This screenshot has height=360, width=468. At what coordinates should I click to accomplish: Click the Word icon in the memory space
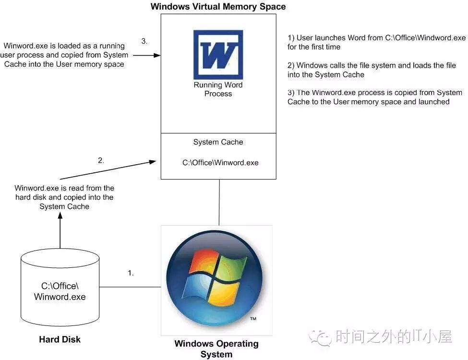click(218, 54)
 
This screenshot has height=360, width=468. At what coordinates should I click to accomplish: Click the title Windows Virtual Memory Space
click(218, 7)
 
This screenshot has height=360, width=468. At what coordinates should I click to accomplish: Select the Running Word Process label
click(218, 89)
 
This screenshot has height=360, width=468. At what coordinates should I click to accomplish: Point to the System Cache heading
click(218, 142)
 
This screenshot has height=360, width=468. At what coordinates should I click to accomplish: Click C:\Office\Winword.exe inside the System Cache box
click(220, 163)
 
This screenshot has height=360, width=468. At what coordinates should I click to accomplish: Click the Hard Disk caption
click(60, 339)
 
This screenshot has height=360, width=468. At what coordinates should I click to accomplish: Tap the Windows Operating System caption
click(216, 349)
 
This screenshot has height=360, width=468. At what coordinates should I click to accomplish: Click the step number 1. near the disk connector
click(131, 273)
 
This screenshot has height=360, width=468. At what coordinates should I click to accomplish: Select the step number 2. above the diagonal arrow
click(101, 160)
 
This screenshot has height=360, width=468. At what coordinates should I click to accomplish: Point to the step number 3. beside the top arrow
click(144, 41)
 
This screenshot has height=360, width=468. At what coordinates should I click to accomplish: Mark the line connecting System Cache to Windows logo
click(219, 202)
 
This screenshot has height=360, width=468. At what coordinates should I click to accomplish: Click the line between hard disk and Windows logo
click(130, 287)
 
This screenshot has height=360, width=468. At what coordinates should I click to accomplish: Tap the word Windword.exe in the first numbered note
click(442, 37)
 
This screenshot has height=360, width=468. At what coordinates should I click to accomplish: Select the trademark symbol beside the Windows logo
click(253, 319)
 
